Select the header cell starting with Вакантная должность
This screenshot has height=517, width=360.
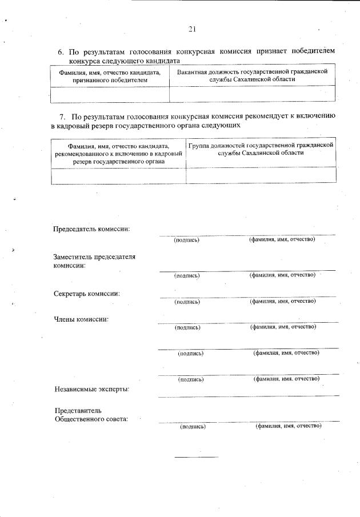point(252,76)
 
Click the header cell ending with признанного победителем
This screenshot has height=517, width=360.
point(110,77)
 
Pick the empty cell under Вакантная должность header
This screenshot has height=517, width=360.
point(252,94)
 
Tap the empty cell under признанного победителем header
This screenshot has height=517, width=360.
point(110,94)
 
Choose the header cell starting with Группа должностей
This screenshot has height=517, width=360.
point(261,149)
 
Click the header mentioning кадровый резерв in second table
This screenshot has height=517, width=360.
point(118,154)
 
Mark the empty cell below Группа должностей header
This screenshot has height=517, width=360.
point(261,175)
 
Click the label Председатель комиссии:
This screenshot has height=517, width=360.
point(91,229)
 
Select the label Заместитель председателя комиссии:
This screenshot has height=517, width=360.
point(94,261)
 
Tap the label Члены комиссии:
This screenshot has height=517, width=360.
point(81,319)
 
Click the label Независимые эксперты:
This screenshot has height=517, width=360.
point(91,390)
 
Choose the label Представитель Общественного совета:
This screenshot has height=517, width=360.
point(90,415)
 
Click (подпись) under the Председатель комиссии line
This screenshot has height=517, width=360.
point(186,240)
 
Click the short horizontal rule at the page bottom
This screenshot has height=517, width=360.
point(196,457)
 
